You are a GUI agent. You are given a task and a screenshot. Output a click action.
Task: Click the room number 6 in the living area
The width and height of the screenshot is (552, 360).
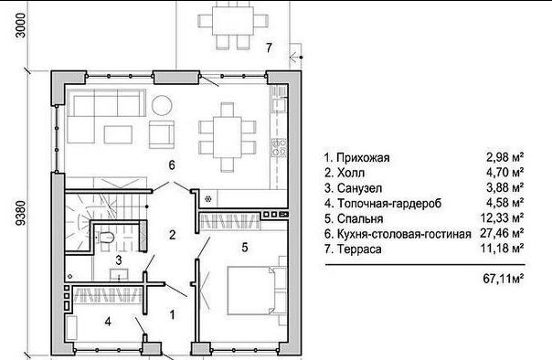pyautogui.click(x=172, y=164)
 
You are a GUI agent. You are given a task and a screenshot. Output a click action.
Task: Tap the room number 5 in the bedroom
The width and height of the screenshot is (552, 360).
pyautogui.click(x=245, y=248)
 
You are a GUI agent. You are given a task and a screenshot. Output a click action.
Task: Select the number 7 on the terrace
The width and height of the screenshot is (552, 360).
pyautogui.click(x=269, y=48)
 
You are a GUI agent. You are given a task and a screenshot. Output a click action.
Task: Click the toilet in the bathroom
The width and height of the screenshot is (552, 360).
pyautogui.click(x=104, y=238)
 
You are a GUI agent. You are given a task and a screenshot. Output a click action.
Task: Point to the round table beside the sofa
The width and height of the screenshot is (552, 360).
pyautogui.click(x=162, y=106)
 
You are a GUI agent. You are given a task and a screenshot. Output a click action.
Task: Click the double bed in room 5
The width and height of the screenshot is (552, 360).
pyautogui.click(x=250, y=291)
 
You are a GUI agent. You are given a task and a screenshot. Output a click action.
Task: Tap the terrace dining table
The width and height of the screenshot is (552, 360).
pyautogui.click(x=233, y=20)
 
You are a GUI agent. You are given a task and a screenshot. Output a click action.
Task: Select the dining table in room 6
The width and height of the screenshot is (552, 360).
pyautogui.click(x=227, y=138)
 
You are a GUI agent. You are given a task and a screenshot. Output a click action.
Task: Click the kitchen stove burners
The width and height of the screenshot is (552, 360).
pyautogui.click(x=279, y=147)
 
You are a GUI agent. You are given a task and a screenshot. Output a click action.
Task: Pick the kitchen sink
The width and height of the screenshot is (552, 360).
pyautogui.click(x=279, y=105)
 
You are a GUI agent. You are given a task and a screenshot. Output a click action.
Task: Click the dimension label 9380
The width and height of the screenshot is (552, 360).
pyautogui.click(x=21, y=213)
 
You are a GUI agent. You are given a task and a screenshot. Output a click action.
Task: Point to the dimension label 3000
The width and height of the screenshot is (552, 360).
pyautogui.click(x=21, y=26)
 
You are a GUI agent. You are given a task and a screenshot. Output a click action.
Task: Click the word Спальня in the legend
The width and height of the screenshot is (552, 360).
pyautogui.click(x=360, y=218)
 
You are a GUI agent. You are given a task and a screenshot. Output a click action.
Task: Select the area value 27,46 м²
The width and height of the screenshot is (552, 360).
pyautogui.click(x=502, y=233)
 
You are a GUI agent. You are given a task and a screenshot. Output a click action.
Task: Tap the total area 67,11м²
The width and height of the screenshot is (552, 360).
pyautogui.click(x=504, y=279)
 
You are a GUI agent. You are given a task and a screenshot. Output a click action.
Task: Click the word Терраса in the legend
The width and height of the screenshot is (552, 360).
pyautogui.click(x=359, y=249)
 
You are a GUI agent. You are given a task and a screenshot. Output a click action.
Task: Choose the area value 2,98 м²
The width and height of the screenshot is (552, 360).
pyautogui.click(x=504, y=157)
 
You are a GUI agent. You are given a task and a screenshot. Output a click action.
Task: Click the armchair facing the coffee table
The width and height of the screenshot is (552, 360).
pyautogui.click(x=162, y=134)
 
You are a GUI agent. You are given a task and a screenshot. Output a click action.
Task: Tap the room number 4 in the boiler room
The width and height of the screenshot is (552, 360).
pyautogui.click(x=108, y=322)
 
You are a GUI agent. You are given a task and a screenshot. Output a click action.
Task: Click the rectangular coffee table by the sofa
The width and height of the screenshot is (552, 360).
pyautogui.click(x=118, y=134)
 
